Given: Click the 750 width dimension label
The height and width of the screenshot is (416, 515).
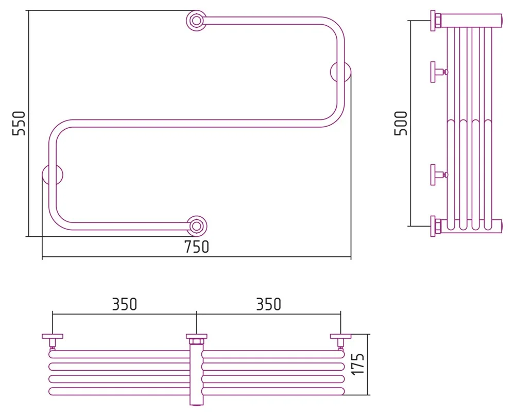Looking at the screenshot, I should (197, 247).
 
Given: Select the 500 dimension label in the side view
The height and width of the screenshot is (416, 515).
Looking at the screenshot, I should (401, 123).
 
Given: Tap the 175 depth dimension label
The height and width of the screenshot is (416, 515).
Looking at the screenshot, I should (360, 365).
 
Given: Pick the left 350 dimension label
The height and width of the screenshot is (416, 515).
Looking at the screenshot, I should (125, 304).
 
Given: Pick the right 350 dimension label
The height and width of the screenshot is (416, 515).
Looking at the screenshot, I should (269, 304).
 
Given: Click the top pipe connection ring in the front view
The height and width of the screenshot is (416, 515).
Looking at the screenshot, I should (196, 21).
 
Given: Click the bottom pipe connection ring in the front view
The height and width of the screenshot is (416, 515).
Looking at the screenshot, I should (196, 226).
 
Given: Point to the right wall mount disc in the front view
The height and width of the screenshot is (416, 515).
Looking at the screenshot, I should (340, 72).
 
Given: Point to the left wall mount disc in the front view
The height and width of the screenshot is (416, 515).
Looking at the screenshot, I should (53, 175).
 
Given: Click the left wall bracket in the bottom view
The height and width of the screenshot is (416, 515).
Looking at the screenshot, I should (53, 340).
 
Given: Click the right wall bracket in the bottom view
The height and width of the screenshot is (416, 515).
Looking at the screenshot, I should (340, 340).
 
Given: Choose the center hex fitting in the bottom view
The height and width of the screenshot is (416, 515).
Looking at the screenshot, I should (196, 339).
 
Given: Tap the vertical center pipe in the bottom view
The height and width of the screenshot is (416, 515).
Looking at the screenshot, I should (196, 376).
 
